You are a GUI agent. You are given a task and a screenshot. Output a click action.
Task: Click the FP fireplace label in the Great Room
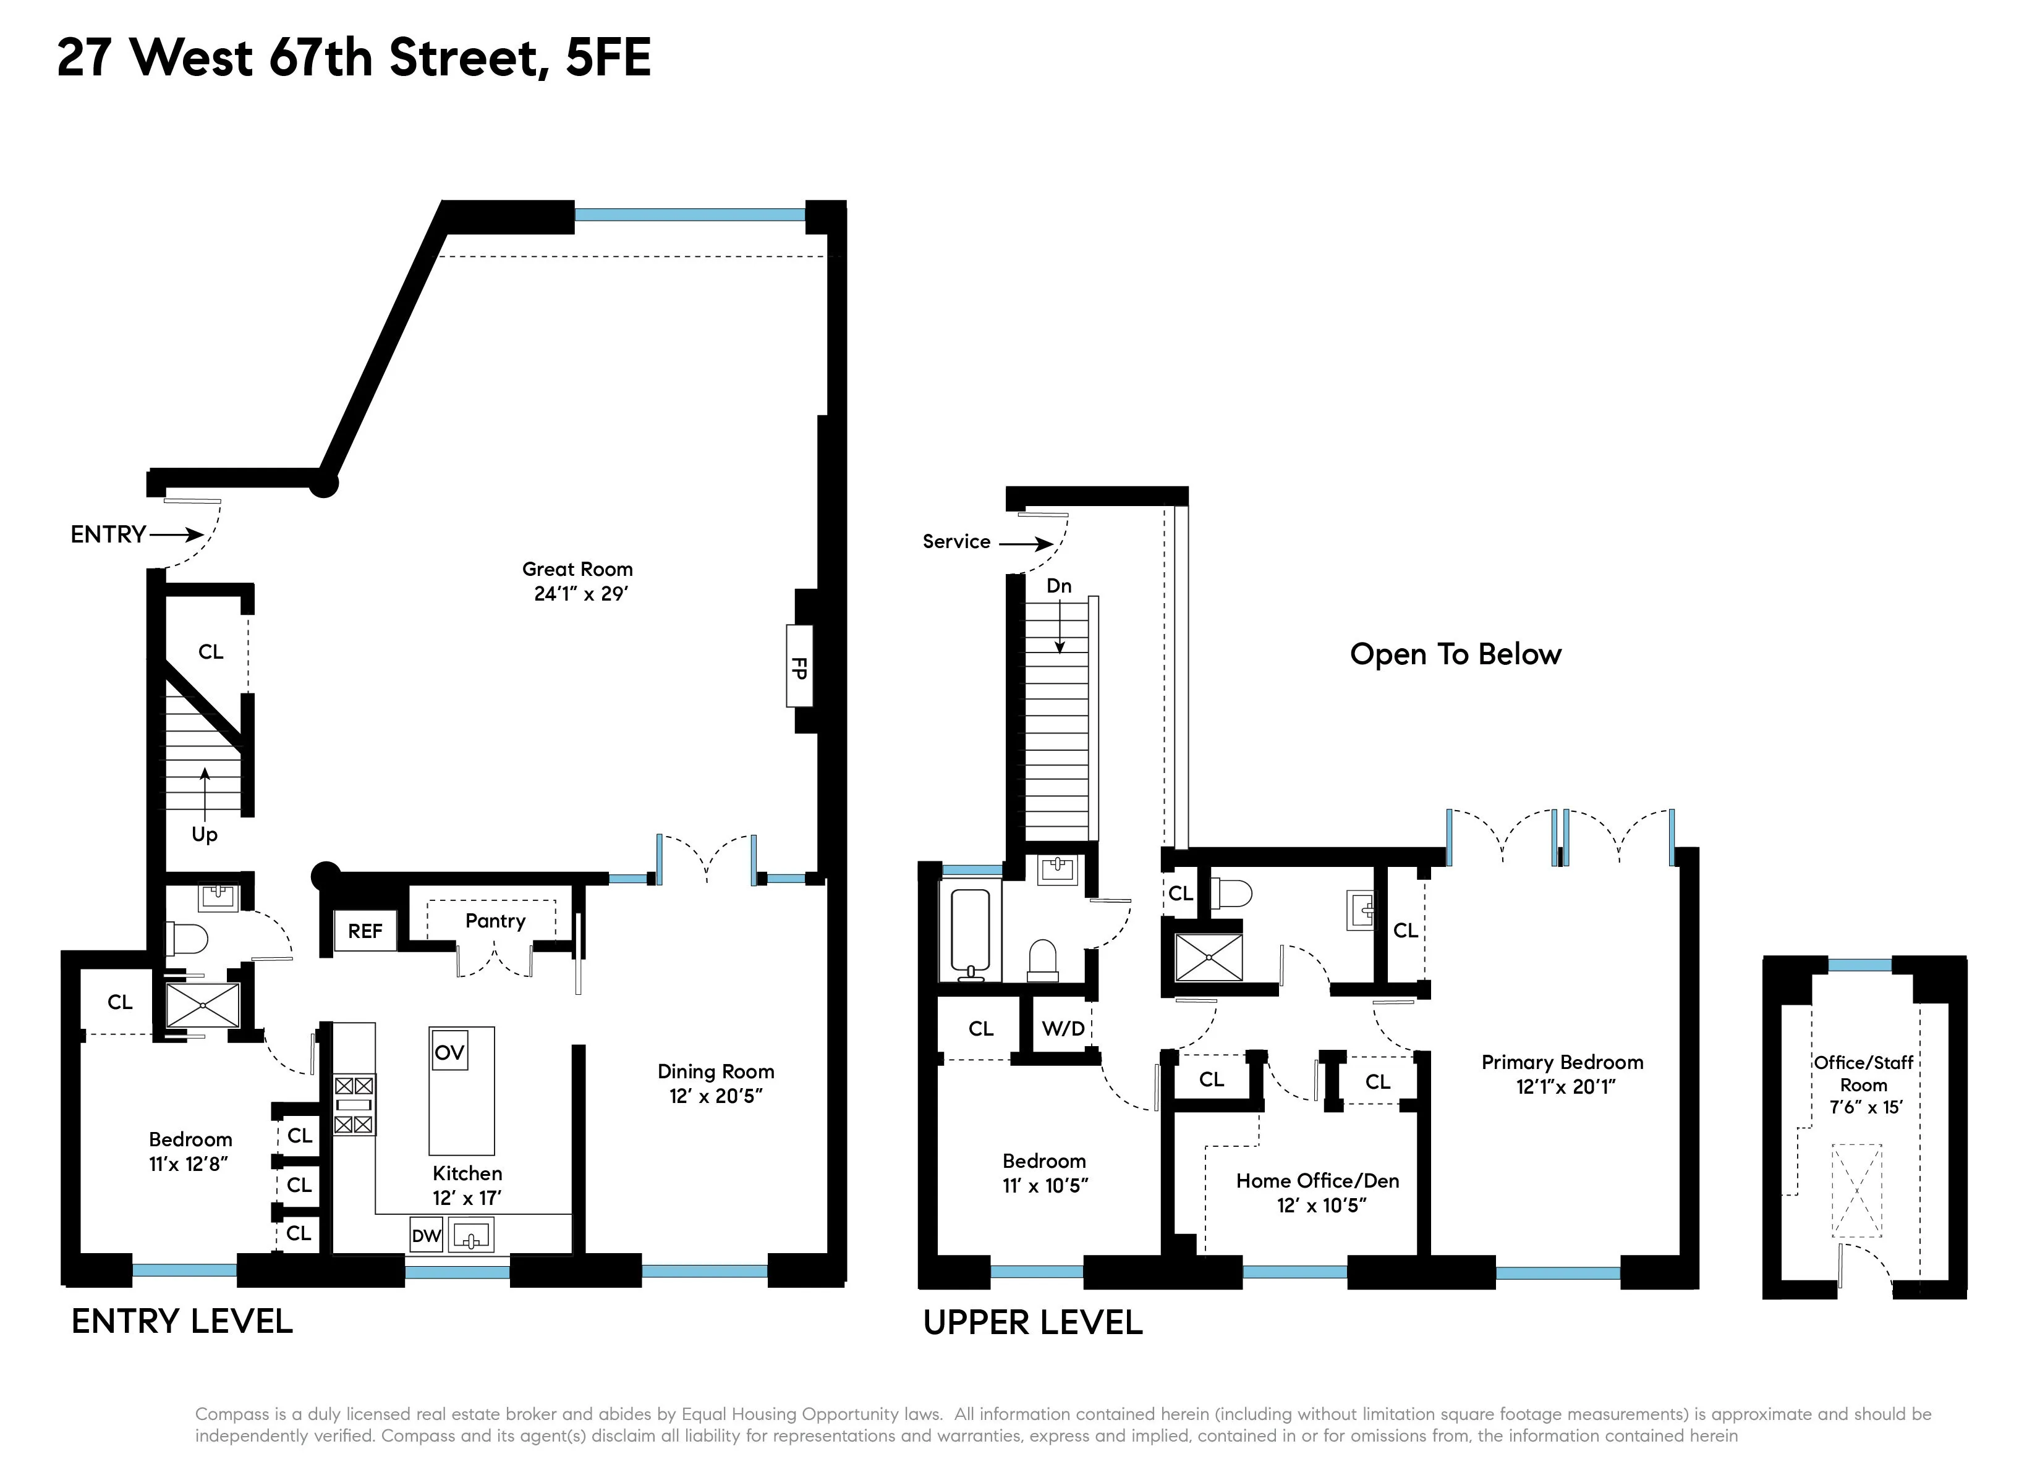[799, 667]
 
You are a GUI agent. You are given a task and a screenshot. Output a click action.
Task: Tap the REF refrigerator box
[365, 931]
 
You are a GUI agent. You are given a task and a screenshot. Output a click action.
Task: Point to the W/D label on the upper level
[1063, 1028]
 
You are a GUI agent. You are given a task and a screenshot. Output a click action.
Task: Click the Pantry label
[495, 920]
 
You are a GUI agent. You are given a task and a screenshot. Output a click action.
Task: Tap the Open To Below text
[1455, 654]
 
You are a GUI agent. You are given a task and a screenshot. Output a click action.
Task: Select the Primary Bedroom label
[1562, 1062]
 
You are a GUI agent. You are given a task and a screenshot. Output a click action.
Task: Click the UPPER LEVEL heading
[1032, 1322]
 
